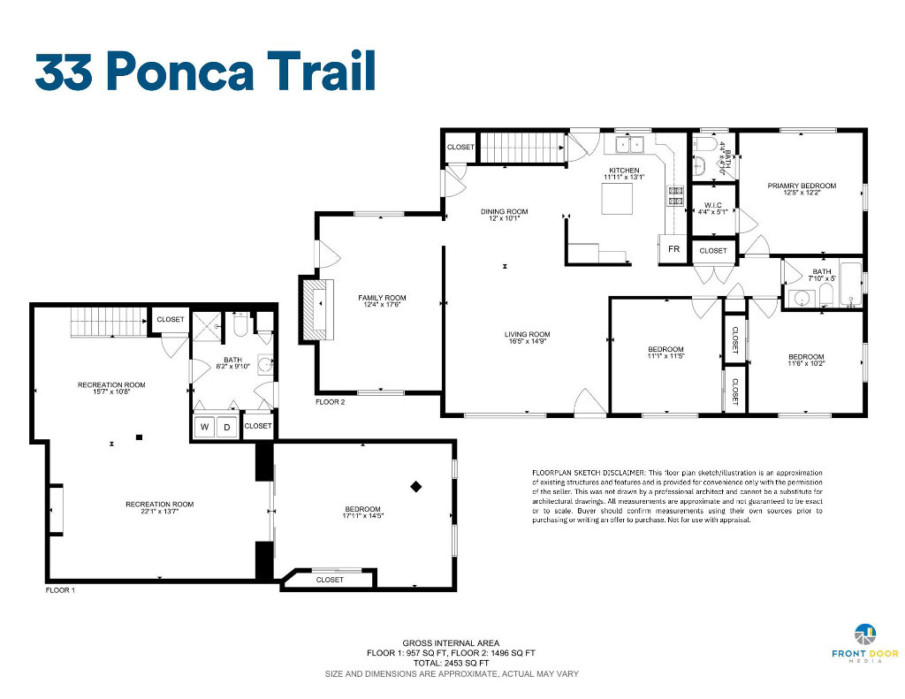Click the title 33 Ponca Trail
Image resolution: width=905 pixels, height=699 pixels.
click(x=205, y=72)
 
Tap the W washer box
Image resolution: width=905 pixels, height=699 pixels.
click(x=204, y=427)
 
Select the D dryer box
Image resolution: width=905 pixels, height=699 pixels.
click(x=227, y=427)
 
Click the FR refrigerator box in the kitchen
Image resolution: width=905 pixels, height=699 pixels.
click(x=673, y=249)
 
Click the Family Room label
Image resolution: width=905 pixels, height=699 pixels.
click(x=382, y=298)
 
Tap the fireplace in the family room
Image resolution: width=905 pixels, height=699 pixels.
click(x=316, y=310)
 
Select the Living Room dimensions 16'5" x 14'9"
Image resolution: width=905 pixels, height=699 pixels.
click(x=527, y=341)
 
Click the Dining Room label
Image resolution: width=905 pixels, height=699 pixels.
click(x=504, y=211)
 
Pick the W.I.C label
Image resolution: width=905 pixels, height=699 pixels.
click(x=713, y=206)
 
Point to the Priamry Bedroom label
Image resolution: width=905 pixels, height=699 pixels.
click(x=802, y=186)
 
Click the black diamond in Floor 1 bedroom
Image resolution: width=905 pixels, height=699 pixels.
click(x=415, y=487)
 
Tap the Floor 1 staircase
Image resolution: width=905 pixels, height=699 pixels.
click(x=109, y=323)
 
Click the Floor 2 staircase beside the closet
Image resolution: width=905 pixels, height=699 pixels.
click(x=522, y=148)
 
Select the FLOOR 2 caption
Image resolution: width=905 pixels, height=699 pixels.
click(x=331, y=402)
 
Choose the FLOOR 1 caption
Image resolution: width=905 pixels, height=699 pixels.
click(x=60, y=590)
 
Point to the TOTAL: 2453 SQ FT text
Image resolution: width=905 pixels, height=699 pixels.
click(x=451, y=664)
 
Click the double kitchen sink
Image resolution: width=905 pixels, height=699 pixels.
click(x=628, y=144)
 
